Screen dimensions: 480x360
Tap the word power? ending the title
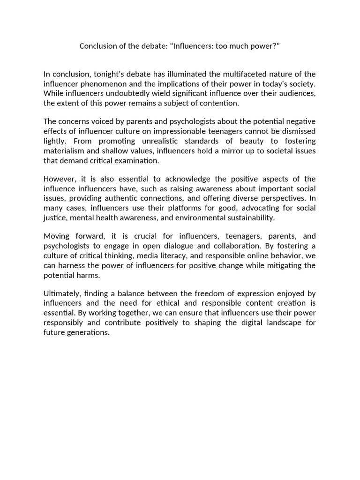(x=267, y=46)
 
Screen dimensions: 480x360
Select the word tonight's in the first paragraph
(x=109, y=74)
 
